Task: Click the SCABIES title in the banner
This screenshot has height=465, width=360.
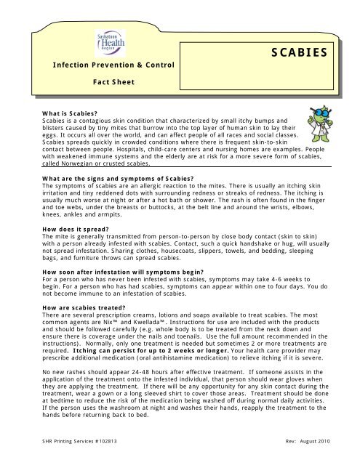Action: tap(302, 52)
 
